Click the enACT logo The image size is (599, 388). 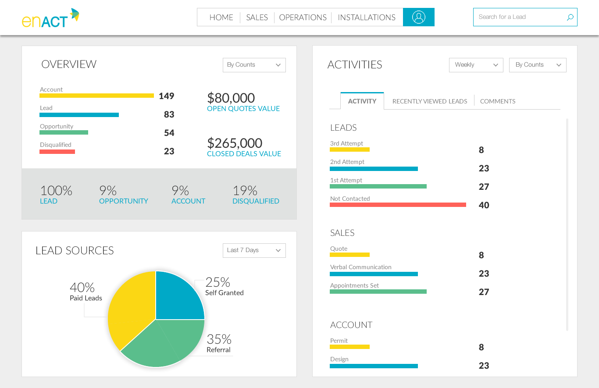pyautogui.click(x=50, y=18)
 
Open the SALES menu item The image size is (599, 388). pyautogui.click(x=257, y=18)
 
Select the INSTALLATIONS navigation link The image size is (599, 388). pyautogui.click(x=367, y=18)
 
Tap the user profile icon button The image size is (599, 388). pyautogui.click(x=419, y=17)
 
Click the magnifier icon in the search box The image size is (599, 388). pyautogui.click(x=570, y=18)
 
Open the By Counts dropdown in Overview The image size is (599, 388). pyautogui.click(x=254, y=65)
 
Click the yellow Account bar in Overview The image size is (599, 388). pyautogui.click(x=96, y=96)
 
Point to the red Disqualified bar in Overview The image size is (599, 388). pyautogui.click(x=57, y=152)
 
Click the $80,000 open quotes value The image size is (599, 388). pyautogui.click(x=231, y=98)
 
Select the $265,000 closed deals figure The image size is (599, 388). pyautogui.click(x=235, y=143)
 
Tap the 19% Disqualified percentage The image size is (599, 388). pyautogui.click(x=245, y=191)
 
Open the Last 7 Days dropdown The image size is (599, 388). pyautogui.click(x=254, y=250)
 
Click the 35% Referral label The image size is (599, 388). pyautogui.click(x=219, y=343)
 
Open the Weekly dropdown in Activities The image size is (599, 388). pyautogui.click(x=476, y=65)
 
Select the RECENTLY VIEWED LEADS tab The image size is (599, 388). pyautogui.click(x=429, y=101)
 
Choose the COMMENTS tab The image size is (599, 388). pyautogui.click(x=498, y=101)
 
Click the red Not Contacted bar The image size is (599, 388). pyautogui.click(x=398, y=205)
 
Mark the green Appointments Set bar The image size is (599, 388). pyautogui.click(x=378, y=292)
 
